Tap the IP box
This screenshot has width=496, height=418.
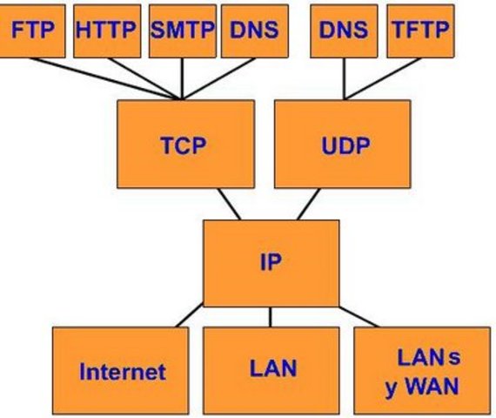tap(271, 260)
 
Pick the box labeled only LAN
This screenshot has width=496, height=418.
tap(272, 368)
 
